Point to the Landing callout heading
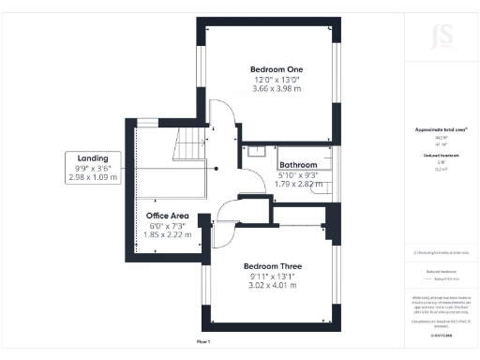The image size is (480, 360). coord(94,158)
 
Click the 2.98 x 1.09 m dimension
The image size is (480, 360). coord(94,176)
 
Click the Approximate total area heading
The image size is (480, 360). coord(434,128)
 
